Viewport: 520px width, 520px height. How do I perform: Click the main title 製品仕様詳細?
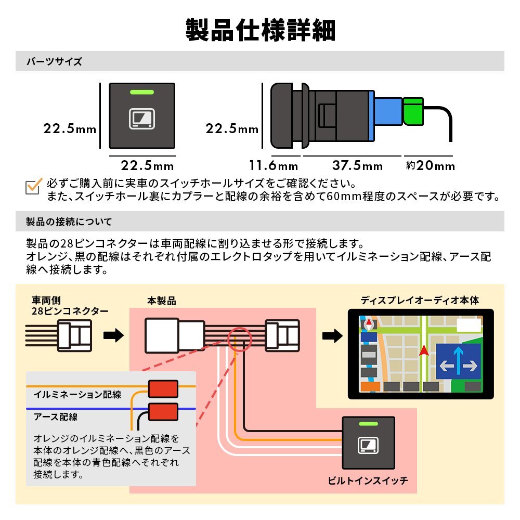[260, 30]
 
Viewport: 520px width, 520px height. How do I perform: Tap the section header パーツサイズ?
[55, 62]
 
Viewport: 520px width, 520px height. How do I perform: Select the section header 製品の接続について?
[69, 222]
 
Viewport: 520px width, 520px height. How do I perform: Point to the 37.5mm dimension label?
[357, 166]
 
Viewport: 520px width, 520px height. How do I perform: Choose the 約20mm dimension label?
[430, 166]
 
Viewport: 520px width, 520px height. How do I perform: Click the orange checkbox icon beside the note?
[34, 187]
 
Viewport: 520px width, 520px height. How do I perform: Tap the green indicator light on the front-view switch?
[141, 93]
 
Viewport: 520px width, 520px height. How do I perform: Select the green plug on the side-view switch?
[414, 111]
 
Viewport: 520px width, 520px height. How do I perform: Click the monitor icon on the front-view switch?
[141, 119]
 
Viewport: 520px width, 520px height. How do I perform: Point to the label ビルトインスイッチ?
[368, 481]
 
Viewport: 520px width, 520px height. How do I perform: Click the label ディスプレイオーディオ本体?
[420, 301]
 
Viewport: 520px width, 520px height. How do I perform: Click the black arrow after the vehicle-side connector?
[114, 336]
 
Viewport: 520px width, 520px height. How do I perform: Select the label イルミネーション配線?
[77, 395]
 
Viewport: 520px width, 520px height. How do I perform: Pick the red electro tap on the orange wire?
[163, 388]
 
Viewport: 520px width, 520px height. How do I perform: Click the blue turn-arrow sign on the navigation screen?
[458, 360]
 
